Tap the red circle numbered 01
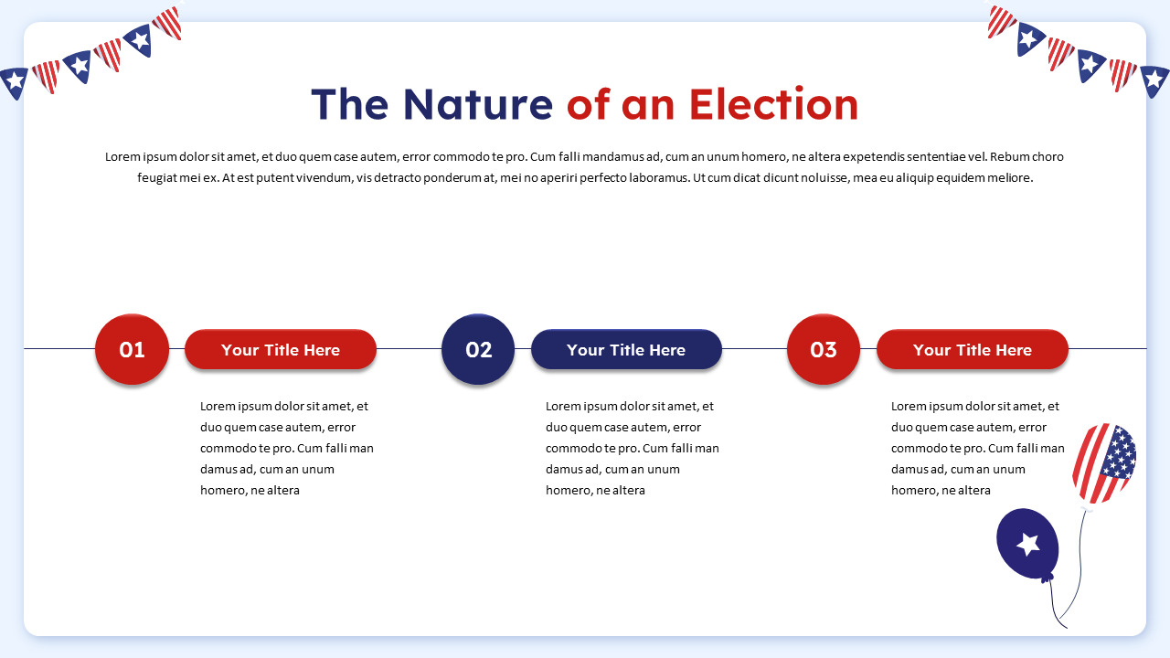pyautogui.click(x=132, y=349)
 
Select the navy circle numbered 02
pyautogui.click(x=478, y=349)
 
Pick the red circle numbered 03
pyautogui.click(x=824, y=349)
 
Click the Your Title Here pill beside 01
pyautogui.click(x=281, y=349)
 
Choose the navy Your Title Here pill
pyautogui.click(x=626, y=349)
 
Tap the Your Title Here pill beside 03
pyautogui.click(x=972, y=349)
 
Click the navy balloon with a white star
pyautogui.click(x=1027, y=545)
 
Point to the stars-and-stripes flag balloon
pyautogui.click(x=1104, y=462)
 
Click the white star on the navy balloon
pyautogui.click(x=1028, y=544)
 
